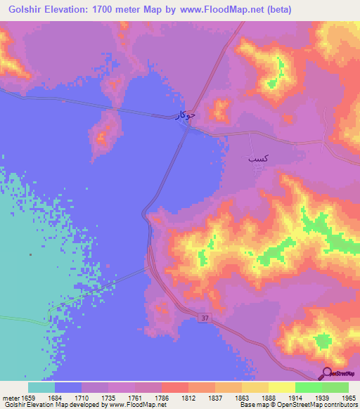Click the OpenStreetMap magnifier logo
tap(327, 373)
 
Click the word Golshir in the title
tap(20, 9)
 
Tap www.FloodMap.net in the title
tap(219, 9)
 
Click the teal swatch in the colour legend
tap(41, 387)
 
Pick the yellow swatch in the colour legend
tap(281, 387)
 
